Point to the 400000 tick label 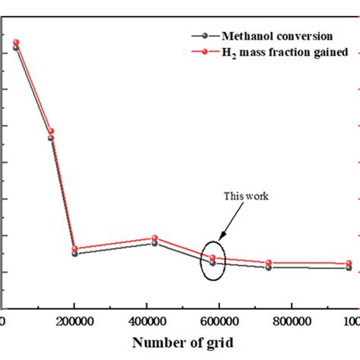point(155,321)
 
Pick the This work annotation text point(246,196)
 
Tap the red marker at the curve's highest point point(16,43)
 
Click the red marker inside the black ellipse point(213,258)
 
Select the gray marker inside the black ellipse point(213,264)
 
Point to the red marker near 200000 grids point(74,248)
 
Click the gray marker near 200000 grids point(74,254)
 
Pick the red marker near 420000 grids point(155,238)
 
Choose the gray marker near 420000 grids point(155,243)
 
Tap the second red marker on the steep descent point(51,131)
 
